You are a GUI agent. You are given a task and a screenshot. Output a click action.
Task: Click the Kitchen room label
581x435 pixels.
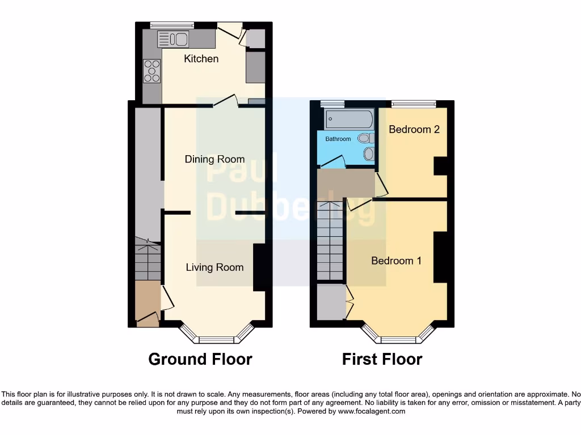pos(201,59)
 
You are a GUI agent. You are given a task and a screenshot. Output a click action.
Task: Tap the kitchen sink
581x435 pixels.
pos(172,39)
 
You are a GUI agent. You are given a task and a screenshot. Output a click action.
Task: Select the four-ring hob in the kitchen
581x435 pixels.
pos(151,71)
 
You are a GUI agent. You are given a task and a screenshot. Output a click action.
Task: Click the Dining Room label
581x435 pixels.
pos(214,160)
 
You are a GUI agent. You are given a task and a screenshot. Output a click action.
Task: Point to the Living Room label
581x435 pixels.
pos(214,267)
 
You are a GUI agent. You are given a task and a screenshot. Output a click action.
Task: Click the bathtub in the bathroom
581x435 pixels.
pos(349,120)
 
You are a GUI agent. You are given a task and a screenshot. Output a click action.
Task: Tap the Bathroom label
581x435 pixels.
pos(338,139)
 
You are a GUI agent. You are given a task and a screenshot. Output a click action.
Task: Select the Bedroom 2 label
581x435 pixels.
pos(414,130)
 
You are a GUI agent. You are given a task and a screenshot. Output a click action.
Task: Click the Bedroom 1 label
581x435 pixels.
pos(396,261)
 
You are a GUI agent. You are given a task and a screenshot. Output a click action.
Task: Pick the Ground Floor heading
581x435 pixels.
pos(200,359)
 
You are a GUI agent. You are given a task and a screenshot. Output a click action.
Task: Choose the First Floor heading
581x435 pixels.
pos(382,359)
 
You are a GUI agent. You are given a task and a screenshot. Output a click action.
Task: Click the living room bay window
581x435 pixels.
pos(216,339)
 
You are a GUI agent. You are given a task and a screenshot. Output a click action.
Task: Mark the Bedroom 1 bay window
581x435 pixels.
pos(398,339)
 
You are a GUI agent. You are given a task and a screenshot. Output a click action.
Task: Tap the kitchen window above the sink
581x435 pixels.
pos(172,24)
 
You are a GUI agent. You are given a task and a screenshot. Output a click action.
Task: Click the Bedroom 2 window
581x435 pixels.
pos(414,103)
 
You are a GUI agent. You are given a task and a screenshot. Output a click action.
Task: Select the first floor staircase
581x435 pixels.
pos(330,241)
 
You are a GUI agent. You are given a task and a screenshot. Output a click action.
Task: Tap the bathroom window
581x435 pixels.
pos(332,104)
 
